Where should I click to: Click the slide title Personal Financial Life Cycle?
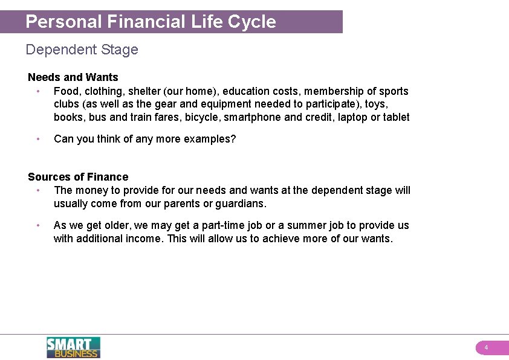pos(151,22)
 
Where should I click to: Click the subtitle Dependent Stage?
pos(82,50)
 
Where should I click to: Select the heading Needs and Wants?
pos(73,77)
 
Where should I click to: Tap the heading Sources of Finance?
pos(78,177)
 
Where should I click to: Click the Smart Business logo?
pos(73,347)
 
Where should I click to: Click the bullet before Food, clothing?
pos(37,91)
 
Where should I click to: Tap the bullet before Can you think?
pos(37,139)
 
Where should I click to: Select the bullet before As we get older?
pos(37,225)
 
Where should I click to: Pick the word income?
pos(143,239)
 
